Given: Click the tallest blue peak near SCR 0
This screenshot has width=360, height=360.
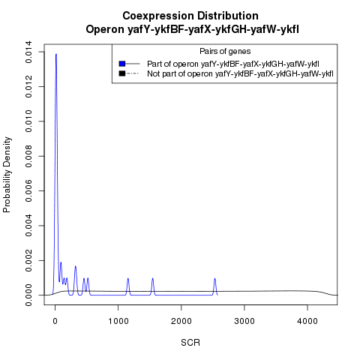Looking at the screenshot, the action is point(56,54).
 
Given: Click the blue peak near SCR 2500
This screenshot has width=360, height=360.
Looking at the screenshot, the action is point(214,279).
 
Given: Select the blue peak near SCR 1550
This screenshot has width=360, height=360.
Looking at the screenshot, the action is point(152,279).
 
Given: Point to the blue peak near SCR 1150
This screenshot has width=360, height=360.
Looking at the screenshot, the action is point(128,279).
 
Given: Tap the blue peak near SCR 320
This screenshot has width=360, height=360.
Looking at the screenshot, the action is point(75,267).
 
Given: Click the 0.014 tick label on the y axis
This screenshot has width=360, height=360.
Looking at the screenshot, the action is point(28,52).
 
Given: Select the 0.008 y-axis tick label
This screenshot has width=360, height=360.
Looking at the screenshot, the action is point(28,156).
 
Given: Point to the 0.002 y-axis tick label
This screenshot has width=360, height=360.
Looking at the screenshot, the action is point(28,260).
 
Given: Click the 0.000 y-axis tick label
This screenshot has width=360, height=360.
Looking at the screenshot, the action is point(28,295).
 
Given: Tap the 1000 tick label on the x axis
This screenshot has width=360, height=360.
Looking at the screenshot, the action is point(118,321).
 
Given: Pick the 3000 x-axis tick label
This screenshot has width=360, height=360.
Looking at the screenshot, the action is point(244,321).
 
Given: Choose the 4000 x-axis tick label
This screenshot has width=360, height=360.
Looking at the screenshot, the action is point(307,321).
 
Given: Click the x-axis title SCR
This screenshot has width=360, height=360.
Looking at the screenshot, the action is point(190,343).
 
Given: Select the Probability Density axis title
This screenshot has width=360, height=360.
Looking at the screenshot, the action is point(7,175).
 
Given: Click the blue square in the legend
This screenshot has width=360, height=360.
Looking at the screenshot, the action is point(122,64).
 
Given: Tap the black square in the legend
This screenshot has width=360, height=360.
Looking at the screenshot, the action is point(122,73).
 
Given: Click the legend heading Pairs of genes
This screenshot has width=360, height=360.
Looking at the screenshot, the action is point(225,52).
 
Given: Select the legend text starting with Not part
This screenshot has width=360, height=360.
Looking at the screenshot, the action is point(240,73).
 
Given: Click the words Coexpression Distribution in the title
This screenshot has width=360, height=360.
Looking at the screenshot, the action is point(190,16).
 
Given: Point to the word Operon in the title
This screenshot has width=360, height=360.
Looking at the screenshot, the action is point(105,30).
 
